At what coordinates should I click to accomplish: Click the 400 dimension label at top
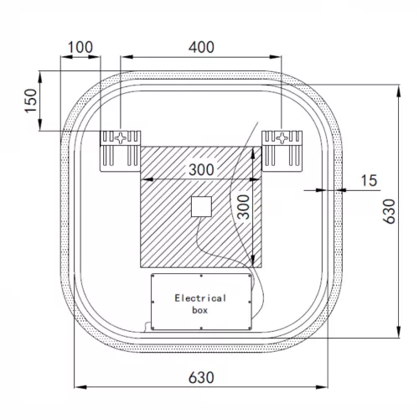(x=202, y=47)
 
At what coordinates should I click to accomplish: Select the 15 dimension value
(x=369, y=179)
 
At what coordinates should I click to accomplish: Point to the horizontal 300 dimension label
(x=200, y=169)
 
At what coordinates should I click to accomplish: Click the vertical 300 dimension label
(x=241, y=206)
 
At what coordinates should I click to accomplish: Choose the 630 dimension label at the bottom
(x=200, y=376)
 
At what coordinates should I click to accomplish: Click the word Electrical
(x=200, y=297)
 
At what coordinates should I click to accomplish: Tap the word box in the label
(x=200, y=310)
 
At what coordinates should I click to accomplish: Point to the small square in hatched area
(x=201, y=205)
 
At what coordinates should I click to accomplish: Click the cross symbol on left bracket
(x=122, y=136)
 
